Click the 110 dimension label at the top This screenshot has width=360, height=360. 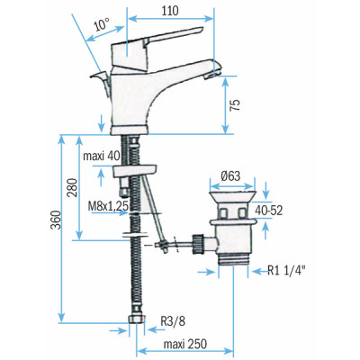coord(170,10)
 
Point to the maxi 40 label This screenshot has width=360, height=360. coord(101,155)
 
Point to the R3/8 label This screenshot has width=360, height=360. coord(174,319)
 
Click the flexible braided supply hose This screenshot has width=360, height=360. coord(137,270)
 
